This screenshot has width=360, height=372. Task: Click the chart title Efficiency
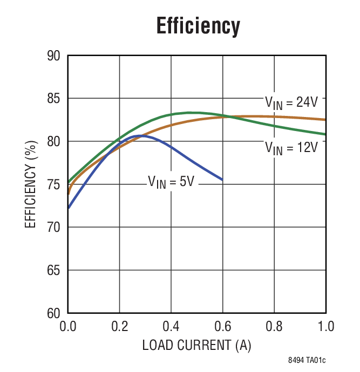(198, 26)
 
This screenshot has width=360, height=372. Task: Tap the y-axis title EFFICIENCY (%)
(31, 185)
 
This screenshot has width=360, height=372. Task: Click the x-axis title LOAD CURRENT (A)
(196, 345)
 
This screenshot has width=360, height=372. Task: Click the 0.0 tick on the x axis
(68, 327)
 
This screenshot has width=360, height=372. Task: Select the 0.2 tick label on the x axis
(119, 327)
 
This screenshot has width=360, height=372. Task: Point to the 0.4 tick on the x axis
(171, 327)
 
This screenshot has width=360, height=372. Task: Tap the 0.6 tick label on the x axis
(222, 327)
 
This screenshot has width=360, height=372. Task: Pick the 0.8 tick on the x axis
(274, 327)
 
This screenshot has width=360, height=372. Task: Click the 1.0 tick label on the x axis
(325, 327)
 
